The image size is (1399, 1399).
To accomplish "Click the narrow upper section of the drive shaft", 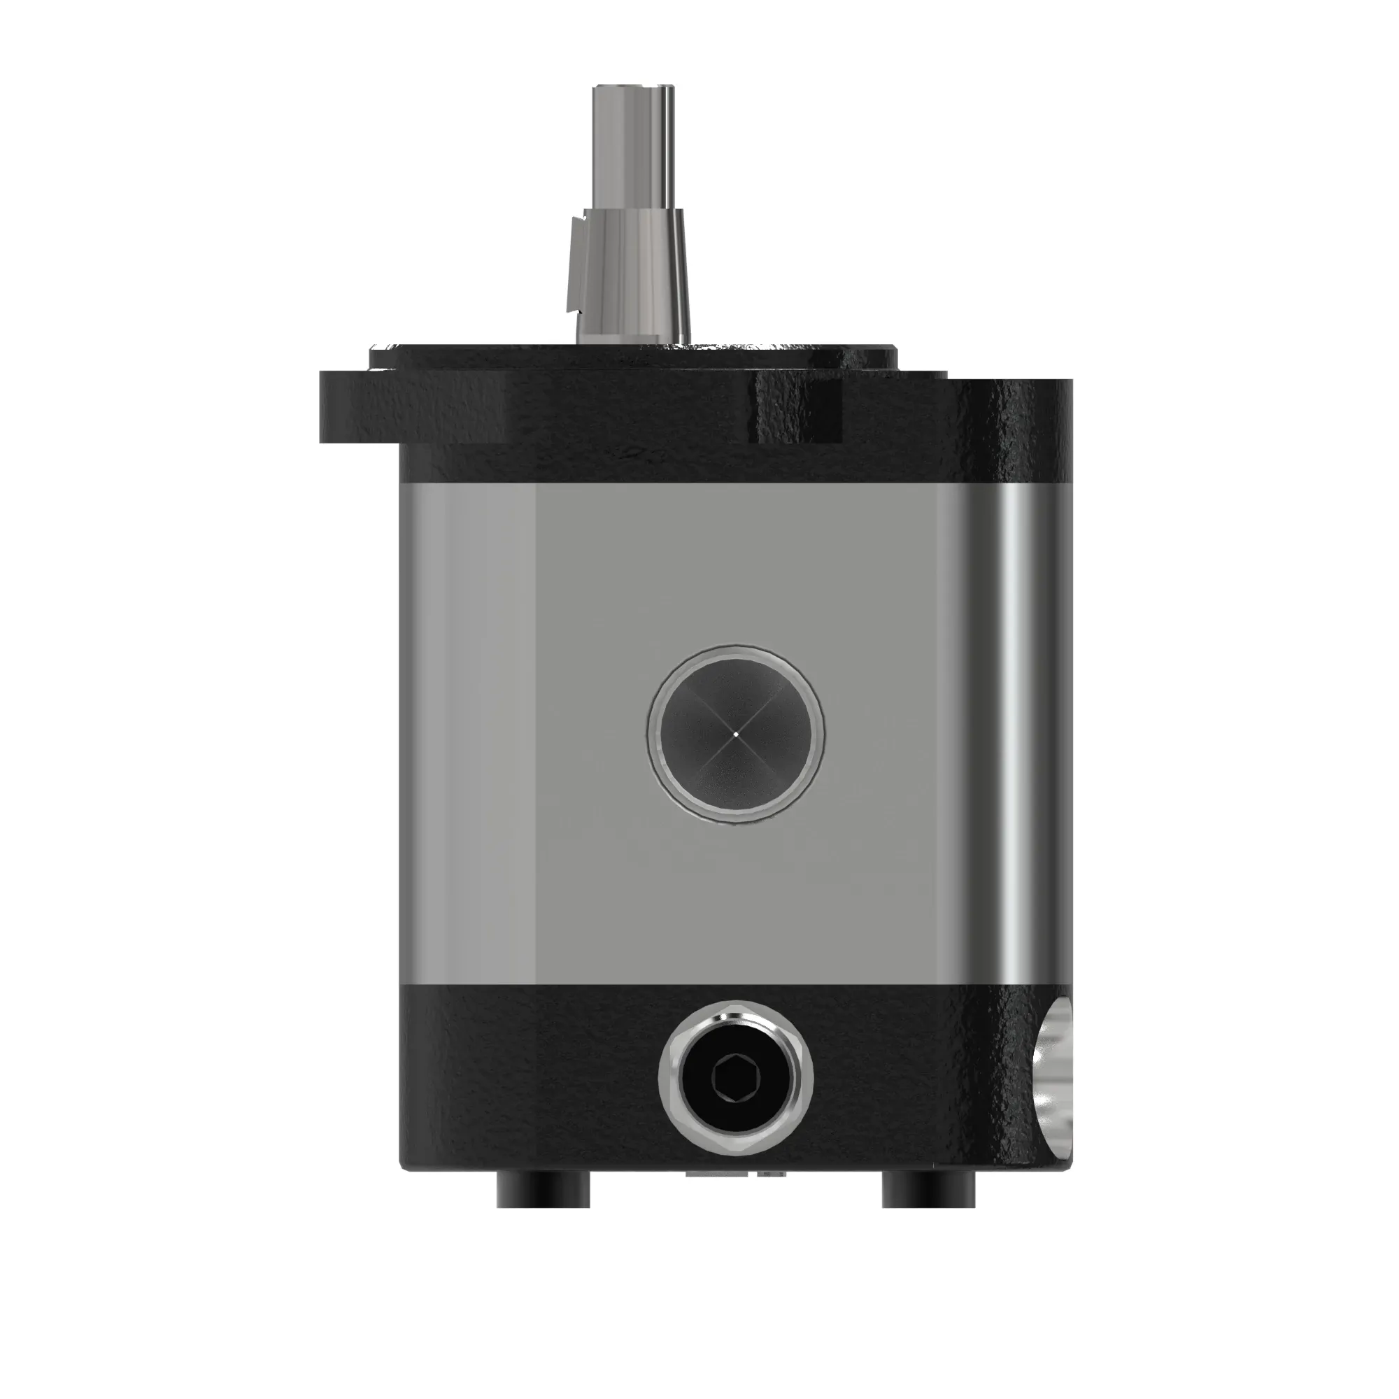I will pos(633,145).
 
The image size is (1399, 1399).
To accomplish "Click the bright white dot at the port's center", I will pos(736,734).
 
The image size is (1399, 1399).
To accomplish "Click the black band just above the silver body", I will pos(652,464).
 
